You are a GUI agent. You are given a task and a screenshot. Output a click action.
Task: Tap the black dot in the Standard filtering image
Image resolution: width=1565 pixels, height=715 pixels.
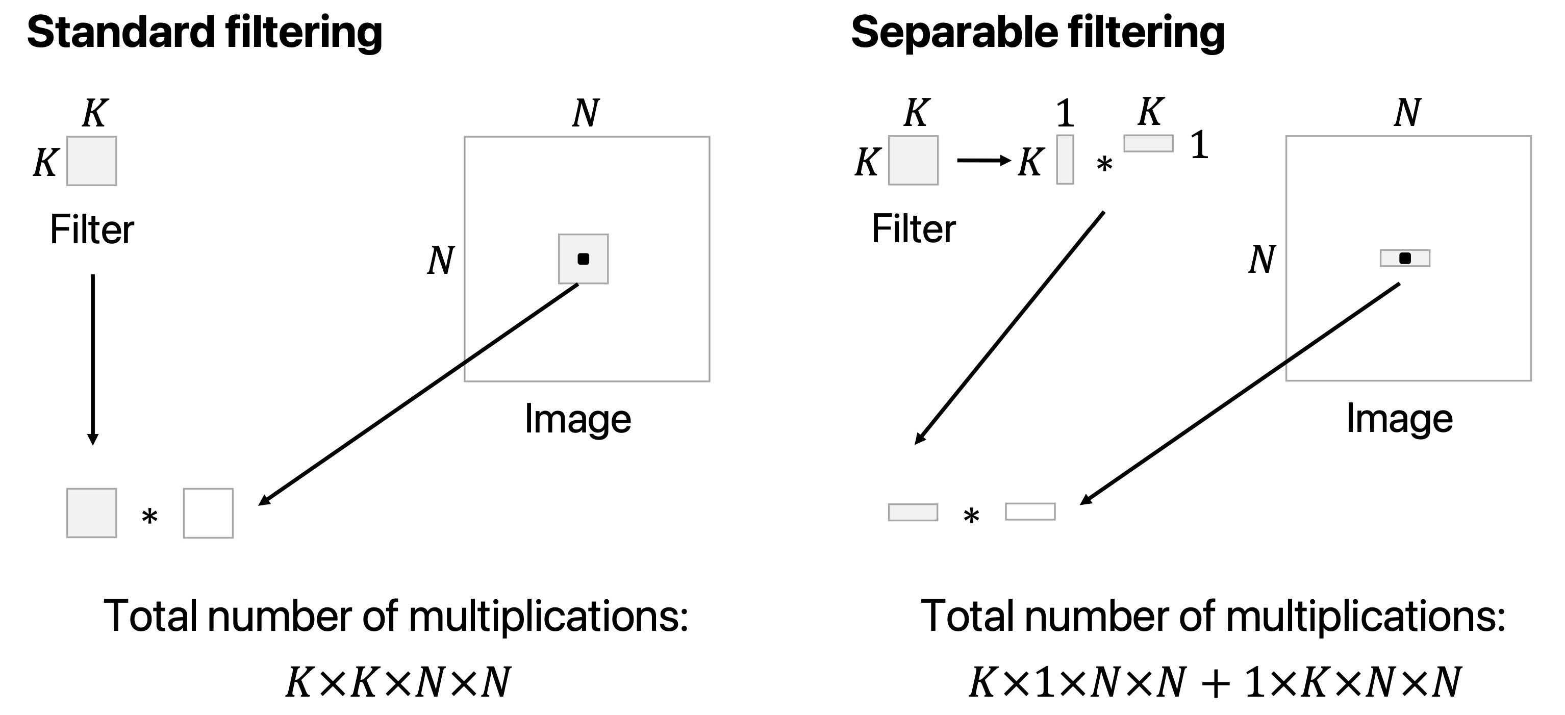(x=583, y=259)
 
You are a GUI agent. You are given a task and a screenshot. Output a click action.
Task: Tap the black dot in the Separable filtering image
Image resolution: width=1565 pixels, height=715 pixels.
(x=1405, y=258)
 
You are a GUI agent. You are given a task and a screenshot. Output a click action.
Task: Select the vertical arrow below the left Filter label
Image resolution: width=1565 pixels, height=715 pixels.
(x=92, y=359)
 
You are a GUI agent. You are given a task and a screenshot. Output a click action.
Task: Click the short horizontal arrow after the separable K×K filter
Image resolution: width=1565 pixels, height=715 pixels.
(x=983, y=160)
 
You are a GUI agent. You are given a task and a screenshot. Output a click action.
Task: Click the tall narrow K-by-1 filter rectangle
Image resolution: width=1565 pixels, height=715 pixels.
(x=1065, y=159)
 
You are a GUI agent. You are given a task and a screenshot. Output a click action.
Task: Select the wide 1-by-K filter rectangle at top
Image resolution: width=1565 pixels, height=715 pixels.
(x=1148, y=143)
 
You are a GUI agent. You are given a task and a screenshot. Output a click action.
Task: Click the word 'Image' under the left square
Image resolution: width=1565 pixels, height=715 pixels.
(x=578, y=419)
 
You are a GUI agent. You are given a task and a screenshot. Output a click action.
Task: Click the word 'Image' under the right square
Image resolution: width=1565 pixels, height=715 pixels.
(x=1399, y=419)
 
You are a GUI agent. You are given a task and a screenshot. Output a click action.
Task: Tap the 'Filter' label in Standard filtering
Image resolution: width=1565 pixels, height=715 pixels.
(x=92, y=229)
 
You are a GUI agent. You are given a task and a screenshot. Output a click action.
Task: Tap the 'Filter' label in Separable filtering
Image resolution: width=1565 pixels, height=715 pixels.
(x=913, y=229)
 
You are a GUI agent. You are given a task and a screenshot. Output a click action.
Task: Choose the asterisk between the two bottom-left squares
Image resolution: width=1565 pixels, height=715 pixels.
(x=149, y=518)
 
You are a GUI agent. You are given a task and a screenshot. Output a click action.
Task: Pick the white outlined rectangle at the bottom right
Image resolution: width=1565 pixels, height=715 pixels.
(x=1030, y=512)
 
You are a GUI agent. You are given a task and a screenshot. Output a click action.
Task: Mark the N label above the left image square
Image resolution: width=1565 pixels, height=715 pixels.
(x=586, y=113)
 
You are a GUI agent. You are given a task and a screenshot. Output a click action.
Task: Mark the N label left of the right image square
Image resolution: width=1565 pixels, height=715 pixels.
(x=1262, y=260)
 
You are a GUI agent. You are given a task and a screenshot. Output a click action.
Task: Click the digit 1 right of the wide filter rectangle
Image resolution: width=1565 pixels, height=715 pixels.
(x=1199, y=146)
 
